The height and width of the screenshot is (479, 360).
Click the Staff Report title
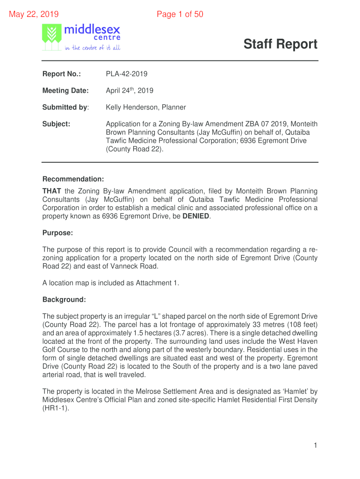(280, 44)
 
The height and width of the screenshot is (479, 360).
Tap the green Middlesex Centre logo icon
(51, 37)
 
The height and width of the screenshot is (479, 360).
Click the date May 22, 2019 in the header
(34, 15)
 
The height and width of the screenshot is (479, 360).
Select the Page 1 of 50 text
(180, 15)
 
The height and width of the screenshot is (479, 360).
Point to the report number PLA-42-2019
(127, 74)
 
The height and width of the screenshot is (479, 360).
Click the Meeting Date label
(65, 90)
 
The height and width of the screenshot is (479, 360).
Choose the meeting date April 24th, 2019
(130, 90)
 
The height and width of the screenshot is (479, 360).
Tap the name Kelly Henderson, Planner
(146, 107)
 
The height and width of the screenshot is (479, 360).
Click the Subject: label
(57, 124)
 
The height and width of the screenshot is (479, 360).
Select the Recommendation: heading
(73, 179)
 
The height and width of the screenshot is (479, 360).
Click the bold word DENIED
(196, 216)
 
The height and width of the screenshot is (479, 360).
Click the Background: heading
(64, 299)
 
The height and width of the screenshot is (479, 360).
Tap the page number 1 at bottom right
(316, 446)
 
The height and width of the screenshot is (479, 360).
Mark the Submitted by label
(65, 107)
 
